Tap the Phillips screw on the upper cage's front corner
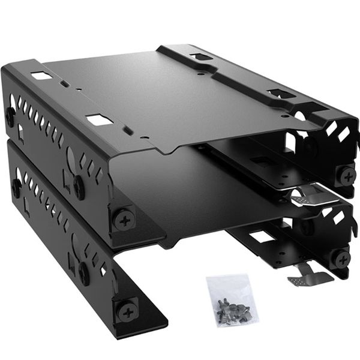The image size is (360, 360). click(x=124, y=219)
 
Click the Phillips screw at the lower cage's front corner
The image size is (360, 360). click(x=127, y=311)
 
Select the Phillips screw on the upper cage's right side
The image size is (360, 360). click(x=346, y=176)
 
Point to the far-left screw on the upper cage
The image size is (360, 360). click(x=10, y=116)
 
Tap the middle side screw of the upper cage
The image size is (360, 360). click(x=79, y=188)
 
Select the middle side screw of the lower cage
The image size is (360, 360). click(x=83, y=274)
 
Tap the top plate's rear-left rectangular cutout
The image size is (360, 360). click(x=41, y=76)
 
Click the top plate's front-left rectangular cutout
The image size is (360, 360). click(x=99, y=120)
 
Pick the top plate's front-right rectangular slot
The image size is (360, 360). click(x=279, y=94)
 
